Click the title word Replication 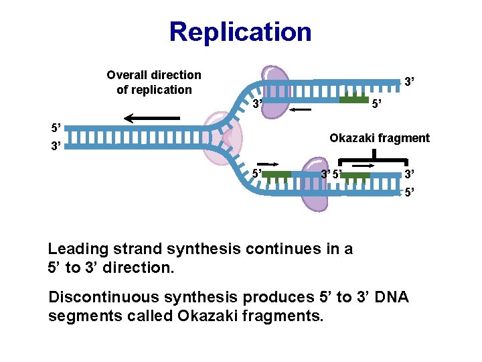(240, 32)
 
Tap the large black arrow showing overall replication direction (152, 118)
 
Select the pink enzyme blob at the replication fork (223, 139)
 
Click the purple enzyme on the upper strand (275, 92)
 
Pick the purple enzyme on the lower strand (315, 184)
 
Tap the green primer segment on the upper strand (354, 99)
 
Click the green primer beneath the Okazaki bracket (355, 176)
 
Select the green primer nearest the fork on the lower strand (276, 175)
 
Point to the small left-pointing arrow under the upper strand (301, 109)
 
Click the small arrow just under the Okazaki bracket (363, 166)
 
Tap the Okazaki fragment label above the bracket (380, 138)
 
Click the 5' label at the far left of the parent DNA (56, 128)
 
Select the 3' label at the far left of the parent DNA (56, 145)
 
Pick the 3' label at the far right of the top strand (409, 82)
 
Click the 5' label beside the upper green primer (376, 104)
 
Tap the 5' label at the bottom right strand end (409, 192)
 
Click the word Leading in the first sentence (78, 249)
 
